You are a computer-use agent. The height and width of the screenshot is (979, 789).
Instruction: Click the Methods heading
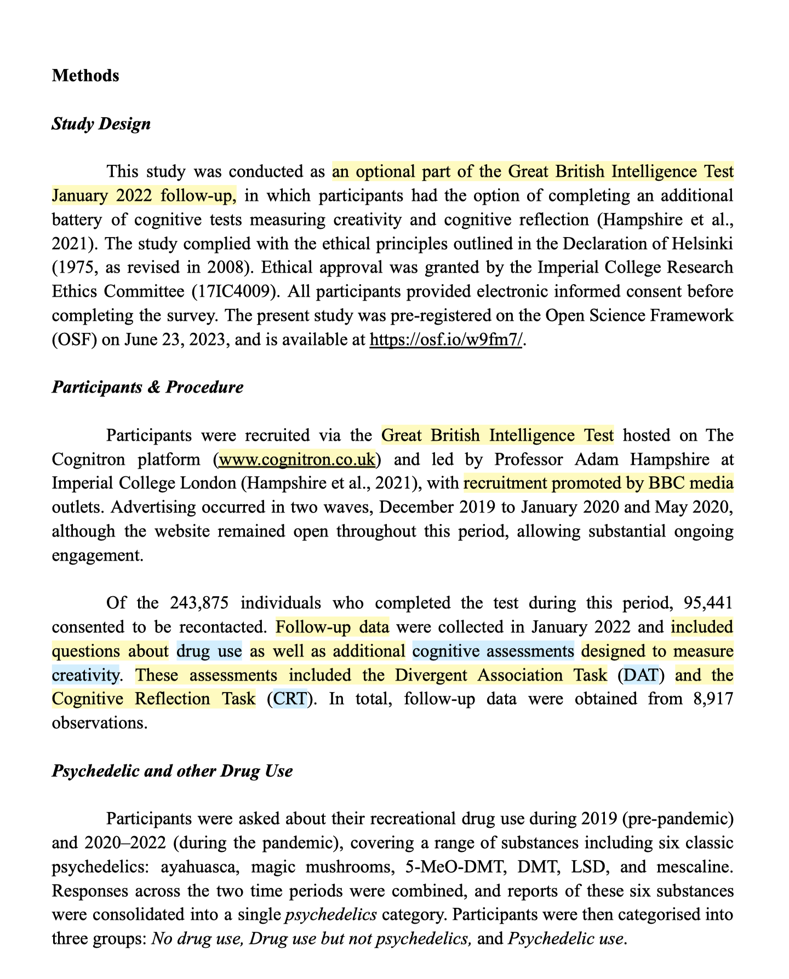85,76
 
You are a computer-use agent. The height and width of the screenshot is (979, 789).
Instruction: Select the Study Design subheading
101,124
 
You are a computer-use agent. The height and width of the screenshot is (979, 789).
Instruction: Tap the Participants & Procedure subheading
147,387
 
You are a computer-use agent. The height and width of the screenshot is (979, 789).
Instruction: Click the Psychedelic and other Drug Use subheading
172,771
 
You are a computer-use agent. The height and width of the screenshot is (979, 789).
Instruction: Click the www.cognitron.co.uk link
298,459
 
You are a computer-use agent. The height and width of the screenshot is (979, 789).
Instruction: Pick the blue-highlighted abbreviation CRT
290,699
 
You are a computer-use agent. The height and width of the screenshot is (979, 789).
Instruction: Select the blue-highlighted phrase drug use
209,652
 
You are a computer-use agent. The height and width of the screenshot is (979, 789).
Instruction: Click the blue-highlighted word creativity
85,675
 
